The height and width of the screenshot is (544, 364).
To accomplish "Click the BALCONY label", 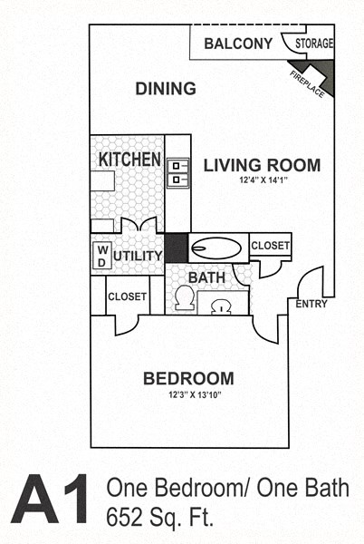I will pyautogui.click(x=238, y=44).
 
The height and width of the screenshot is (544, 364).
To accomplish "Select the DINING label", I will pyautogui.click(x=166, y=89).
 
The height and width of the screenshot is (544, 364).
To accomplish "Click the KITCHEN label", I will pyautogui.click(x=129, y=160).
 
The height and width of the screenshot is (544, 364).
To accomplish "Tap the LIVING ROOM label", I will pyautogui.click(x=261, y=165).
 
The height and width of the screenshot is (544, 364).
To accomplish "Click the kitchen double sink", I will pyautogui.click(x=178, y=172).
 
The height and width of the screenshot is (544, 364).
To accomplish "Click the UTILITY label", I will pyautogui.click(x=139, y=257).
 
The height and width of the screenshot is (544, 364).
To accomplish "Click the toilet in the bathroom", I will pyautogui.click(x=185, y=298).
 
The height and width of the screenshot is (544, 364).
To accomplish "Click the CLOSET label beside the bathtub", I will pyautogui.click(x=270, y=246).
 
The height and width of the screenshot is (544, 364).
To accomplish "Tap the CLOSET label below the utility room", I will pyautogui.click(x=127, y=296).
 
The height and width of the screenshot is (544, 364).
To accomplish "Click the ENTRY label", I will pyautogui.click(x=311, y=304).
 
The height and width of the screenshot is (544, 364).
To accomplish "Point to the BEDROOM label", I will pyautogui.click(x=188, y=378).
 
